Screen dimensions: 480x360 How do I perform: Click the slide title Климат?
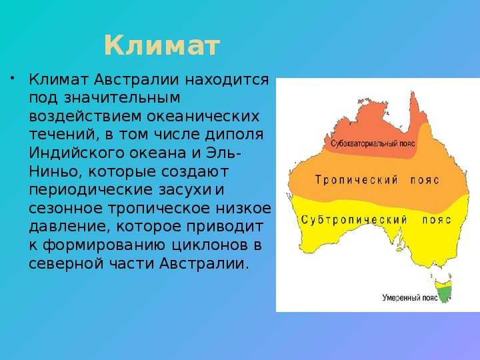pos(162,46)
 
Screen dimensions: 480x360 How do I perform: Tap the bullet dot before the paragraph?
pos(12,77)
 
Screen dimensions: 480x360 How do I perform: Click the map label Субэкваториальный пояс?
pos(373,143)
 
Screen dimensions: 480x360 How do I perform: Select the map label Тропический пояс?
pos(377,180)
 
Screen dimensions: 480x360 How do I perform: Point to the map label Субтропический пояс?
pos(376,219)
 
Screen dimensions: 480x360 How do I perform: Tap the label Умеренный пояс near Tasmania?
pos(410,297)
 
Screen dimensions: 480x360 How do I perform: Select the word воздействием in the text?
pos(85,116)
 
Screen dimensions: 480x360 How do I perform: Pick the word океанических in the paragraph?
pos(203,116)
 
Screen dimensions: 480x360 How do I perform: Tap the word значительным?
pos(122,98)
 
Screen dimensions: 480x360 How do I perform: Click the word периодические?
pos(91,190)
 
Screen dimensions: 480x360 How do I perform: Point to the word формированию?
pos(104,245)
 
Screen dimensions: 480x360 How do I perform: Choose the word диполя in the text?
pos(234,135)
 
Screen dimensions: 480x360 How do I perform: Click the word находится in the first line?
pos(227,79)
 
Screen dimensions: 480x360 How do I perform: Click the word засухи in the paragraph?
pos(185,190)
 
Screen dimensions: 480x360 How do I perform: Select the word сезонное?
pos(65,208)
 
